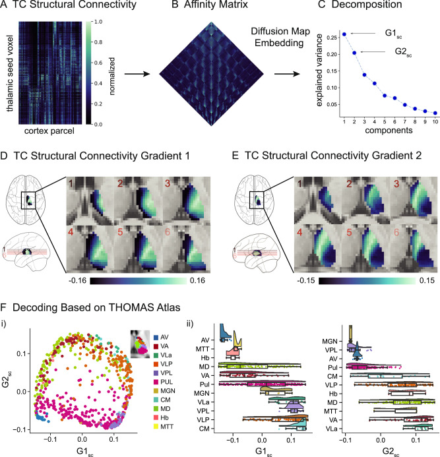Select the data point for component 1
tap(344, 34)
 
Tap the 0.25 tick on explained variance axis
tap(327, 37)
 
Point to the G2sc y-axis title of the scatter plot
tap(7, 373)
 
